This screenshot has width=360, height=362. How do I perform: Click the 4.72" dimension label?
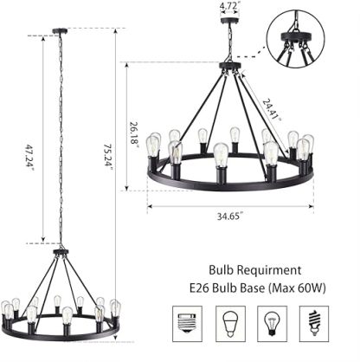tap(229, 6)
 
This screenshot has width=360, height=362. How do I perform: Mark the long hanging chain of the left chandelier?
tap(61, 139)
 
